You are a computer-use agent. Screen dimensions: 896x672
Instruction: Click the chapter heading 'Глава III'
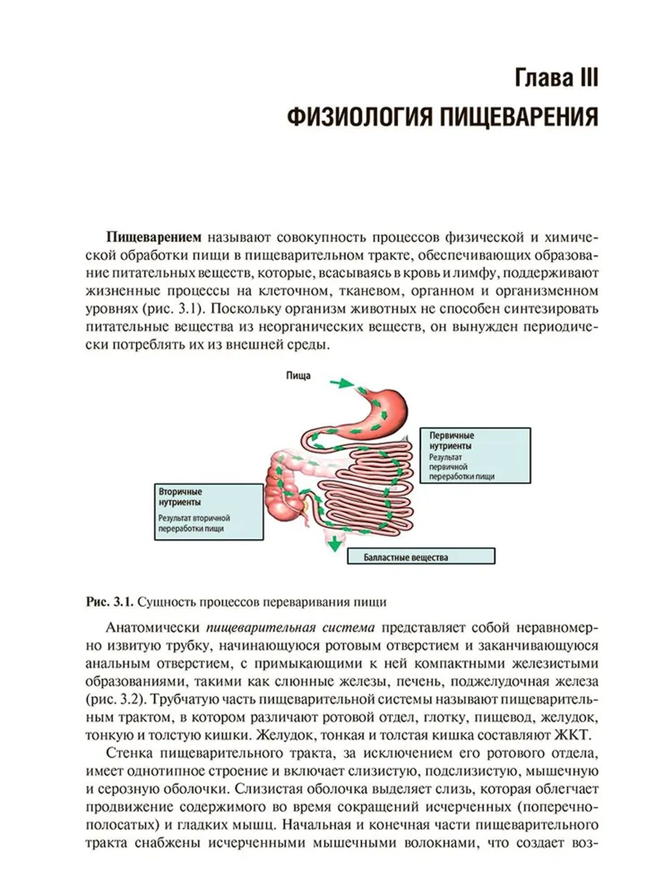pyautogui.click(x=556, y=78)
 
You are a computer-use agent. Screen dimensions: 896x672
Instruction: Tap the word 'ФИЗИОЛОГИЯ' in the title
pyautogui.click(x=359, y=117)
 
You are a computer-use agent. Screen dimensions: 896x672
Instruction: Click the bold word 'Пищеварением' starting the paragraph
pyautogui.click(x=154, y=237)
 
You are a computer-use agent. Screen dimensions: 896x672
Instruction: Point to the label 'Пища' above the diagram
pyautogui.click(x=298, y=375)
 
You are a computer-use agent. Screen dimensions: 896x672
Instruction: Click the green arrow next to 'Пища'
pyautogui.click(x=342, y=383)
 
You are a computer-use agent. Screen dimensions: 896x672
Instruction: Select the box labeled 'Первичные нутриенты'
pyautogui.click(x=475, y=455)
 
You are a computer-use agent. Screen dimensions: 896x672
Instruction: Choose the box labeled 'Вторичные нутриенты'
pyautogui.click(x=208, y=512)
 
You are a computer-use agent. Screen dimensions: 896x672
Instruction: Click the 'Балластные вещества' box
pyautogui.click(x=421, y=556)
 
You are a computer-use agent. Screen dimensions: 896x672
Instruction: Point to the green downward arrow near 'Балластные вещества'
pyautogui.click(x=334, y=544)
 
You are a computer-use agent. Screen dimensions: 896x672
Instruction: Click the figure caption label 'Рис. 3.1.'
pyautogui.click(x=109, y=602)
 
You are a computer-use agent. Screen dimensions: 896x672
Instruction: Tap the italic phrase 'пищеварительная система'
pyautogui.click(x=290, y=628)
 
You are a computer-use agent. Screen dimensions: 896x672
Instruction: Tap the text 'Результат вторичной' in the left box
pyautogui.click(x=194, y=518)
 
